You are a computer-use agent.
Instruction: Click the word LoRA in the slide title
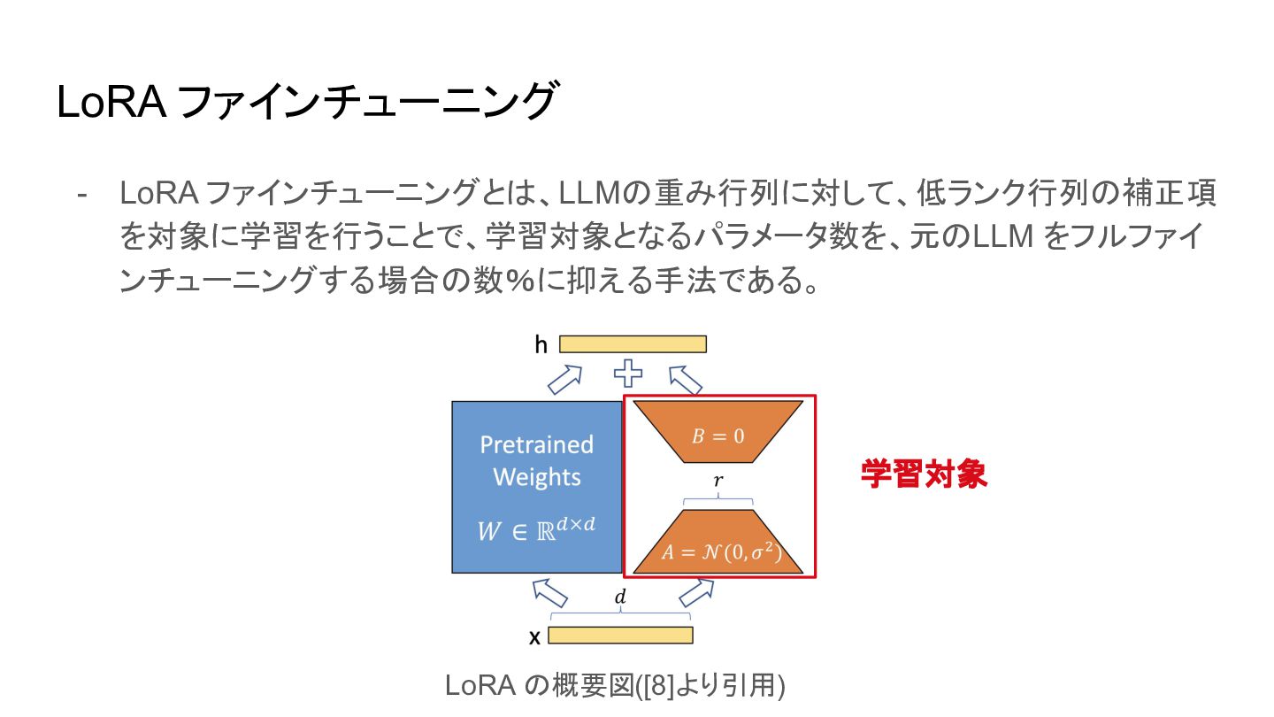(111, 102)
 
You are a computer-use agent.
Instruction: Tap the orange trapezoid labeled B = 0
(718, 434)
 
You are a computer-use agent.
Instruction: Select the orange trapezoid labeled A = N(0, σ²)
(718, 544)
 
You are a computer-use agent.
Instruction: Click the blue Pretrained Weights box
(536, 486)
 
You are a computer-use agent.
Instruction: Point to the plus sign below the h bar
(628, 374)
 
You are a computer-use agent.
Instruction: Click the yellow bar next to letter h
(633, 344)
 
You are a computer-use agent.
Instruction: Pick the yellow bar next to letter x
(620, 635)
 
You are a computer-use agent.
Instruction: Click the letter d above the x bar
(620, 598)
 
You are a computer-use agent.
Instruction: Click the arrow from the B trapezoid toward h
(686, 380)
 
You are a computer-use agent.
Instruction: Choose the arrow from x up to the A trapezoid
(696, 591)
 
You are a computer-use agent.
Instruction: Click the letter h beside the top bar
(541, 344)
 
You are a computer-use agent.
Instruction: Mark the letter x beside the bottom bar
(534, 636)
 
